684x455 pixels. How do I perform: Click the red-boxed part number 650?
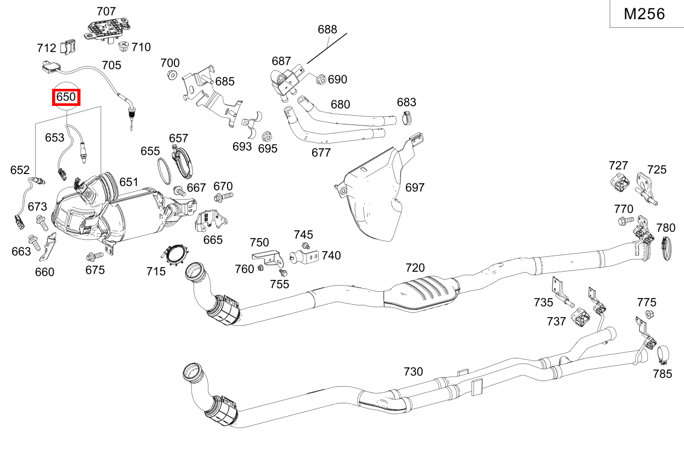coord(66,97)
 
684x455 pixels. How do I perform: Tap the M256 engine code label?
coord(644,14)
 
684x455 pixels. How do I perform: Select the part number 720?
coord(415,268)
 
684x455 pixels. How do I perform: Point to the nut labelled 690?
coord(319,80)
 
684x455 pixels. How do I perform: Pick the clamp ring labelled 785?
coord(663,354)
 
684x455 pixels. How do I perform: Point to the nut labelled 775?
coord(649,316)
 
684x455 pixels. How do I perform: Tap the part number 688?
coord(327,29)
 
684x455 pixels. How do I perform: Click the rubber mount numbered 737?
coord(581,318)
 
